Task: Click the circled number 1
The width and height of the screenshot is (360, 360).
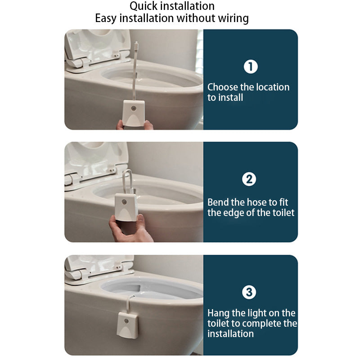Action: pyautogui.click(x=251, y=67)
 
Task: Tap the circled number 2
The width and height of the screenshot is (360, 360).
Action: pyautogui.click(x=249, y=179)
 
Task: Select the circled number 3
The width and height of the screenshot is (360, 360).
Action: pyautogui.click(x=249, y=292)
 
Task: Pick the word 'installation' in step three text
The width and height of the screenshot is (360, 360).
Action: pyautogui.click(x=230, y=334)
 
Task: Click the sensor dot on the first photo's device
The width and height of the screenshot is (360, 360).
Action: pyautogui.click(x=133, y=108)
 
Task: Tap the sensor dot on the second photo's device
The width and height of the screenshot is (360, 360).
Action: pyautogui.click(x=124, y=202)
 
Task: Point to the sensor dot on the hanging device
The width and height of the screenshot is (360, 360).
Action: pyautogui.click(x=126, y=321)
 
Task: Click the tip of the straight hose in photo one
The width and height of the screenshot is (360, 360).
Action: pyautogui.click(x=137, y=42)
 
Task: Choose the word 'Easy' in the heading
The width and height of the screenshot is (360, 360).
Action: pyautogui.click(x=106, y=18)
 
